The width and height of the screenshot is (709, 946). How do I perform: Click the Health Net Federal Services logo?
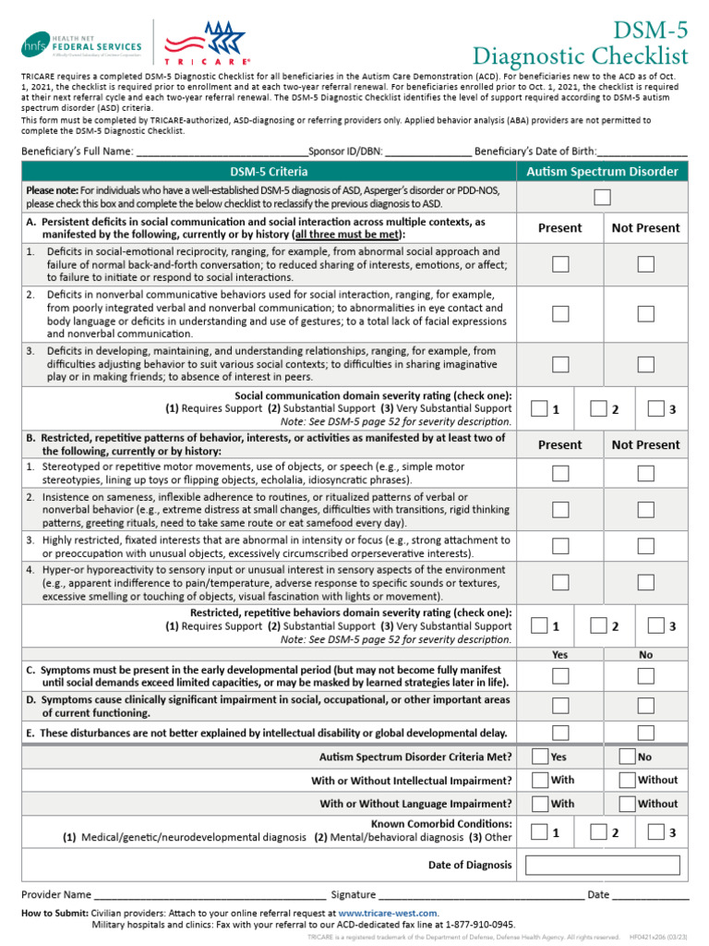(x=83, y=43)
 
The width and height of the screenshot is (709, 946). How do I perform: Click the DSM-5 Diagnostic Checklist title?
(x=581, y=42)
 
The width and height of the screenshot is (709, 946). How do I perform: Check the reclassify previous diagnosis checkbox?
(x=602, y=196)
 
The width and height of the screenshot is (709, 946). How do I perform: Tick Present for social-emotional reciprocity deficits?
(x=560, y=264)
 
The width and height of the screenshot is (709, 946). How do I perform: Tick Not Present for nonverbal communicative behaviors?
(x=645, y=314)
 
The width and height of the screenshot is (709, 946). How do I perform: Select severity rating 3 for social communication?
(x=656, y=407)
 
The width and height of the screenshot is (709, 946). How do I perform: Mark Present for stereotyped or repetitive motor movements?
(x=560, y=473)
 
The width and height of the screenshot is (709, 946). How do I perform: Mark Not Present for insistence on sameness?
(x=645, y=509)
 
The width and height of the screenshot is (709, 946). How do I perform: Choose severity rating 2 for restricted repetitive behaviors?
(x=599, y=625)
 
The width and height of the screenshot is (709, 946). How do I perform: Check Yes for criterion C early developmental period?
(x=560, y=676)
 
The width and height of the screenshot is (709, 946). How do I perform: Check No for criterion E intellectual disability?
(x=645, y=733)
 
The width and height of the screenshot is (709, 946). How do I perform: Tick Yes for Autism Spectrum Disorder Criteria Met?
(x=541, y=756)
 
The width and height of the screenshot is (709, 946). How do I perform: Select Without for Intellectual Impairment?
(x=627, y=780)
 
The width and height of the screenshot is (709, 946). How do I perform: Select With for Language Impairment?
(x=541, y=804)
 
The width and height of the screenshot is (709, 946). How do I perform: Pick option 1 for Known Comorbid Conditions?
(x=541, y=831)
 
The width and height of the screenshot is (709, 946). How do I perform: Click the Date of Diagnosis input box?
(x=602, y=866)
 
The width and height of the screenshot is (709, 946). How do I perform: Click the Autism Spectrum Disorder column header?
(x=602, y=172)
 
